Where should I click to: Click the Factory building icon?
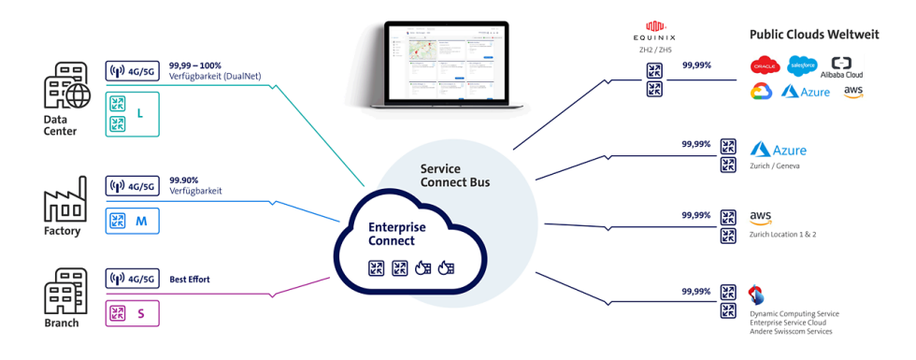point(64,198)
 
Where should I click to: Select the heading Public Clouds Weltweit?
point(814,35)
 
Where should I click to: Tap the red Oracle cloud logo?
point(764,65)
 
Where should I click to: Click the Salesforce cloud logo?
point(802,65)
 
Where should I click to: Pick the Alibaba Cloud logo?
point(841,67)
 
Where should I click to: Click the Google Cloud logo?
point(762,92)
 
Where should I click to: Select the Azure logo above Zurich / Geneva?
point(778,150)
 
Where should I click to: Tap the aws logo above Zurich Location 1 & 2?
point(760,217)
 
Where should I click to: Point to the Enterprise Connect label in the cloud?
point(397,234)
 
